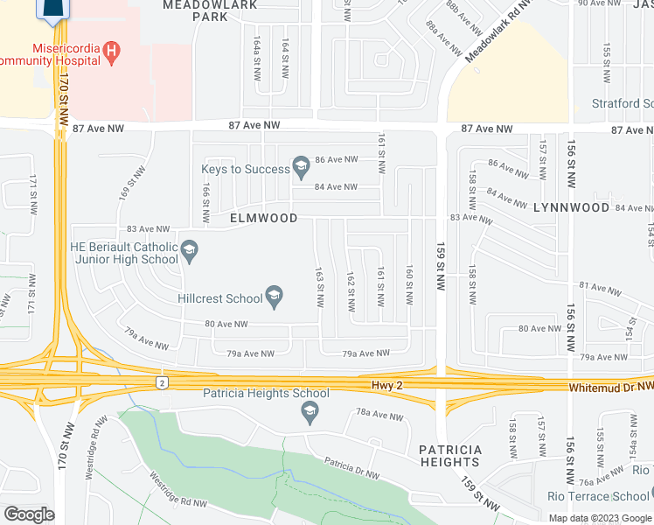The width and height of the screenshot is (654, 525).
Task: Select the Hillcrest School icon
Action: click(274, 298)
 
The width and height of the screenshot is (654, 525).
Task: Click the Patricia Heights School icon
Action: click(309, 411)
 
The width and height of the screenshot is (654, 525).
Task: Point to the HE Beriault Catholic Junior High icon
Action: click(188, 254)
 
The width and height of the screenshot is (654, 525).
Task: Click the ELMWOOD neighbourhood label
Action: click(263, 218)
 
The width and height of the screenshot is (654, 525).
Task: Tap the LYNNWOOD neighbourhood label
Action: click(571, 207)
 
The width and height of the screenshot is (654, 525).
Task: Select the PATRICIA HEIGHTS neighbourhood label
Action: click(449, 456)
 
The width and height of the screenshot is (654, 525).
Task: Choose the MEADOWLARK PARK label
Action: click(211, 10)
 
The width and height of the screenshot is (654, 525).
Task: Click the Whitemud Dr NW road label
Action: click(609, 386)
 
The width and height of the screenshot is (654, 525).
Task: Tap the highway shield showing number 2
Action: click(162, 382)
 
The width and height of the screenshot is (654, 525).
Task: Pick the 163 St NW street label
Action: click(320, 289)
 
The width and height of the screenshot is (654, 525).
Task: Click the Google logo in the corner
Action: click(30, 514)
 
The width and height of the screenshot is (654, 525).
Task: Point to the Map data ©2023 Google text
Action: click(599, 518)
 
